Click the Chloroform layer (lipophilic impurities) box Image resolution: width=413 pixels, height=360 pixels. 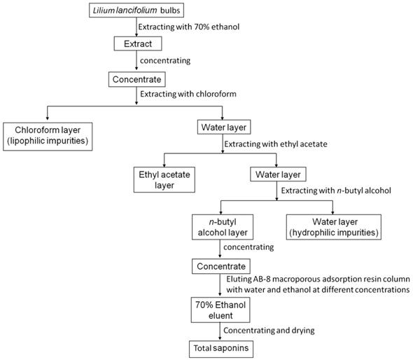point(47,134)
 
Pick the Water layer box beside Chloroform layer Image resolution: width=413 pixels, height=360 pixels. point(222,127)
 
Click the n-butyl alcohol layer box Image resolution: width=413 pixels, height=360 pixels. point(220,228)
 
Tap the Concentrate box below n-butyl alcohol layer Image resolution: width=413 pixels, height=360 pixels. point(220,266)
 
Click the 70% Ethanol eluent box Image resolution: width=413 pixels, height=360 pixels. point(220,309)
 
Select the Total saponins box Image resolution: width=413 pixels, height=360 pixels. point(220,347)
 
